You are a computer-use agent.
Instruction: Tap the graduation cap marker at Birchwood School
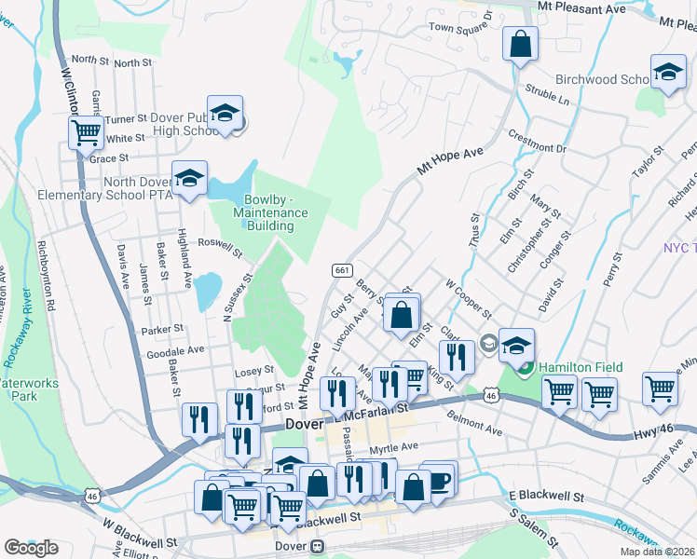tap(668, 72)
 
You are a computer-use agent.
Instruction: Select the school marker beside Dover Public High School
tap(225, 114)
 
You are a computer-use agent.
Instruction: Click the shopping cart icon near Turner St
tap(86, 132)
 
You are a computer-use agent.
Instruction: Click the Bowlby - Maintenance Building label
tap(275, 212)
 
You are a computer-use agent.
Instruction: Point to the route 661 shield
tap(342, 269)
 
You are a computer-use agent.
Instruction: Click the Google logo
tap(31, 547)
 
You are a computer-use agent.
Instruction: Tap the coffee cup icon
tap(439, 480)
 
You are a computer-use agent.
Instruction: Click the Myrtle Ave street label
tap(395, 447)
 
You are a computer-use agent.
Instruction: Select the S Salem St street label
tap(533, 526)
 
